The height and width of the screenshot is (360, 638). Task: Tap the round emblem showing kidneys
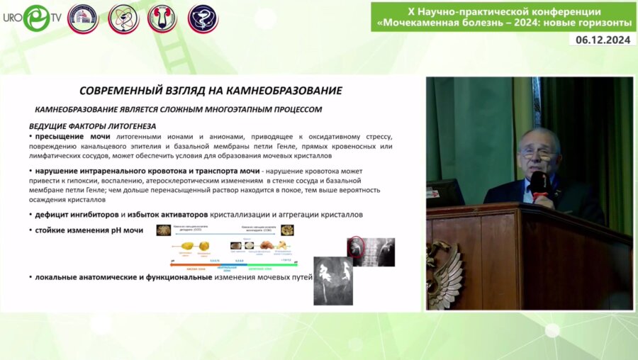point(162,18)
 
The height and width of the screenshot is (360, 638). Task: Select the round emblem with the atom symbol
point(123,18)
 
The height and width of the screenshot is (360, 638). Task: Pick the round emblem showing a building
point(83,18)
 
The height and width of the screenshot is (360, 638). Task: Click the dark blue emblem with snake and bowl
point(203,18)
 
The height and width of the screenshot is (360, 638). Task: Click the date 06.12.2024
point(602,40)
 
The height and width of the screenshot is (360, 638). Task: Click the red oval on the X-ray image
point(354,247)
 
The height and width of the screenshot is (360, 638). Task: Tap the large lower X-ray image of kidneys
point(332,282)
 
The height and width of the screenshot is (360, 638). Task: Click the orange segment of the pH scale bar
point(198,264)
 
